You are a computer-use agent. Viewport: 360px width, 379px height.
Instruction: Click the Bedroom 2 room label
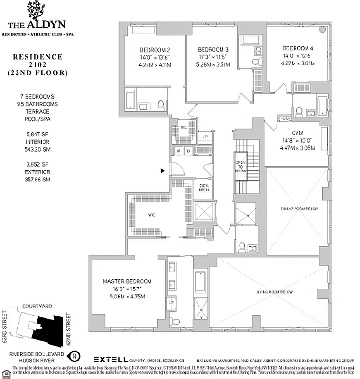coord(155,50)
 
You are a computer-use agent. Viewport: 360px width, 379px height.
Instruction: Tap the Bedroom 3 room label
coord(213,49)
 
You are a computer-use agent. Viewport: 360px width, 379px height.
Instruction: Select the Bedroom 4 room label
coord(298,48)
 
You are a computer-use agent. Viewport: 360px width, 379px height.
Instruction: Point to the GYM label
coord(297,133)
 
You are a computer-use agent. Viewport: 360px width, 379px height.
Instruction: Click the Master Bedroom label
coord(127,281)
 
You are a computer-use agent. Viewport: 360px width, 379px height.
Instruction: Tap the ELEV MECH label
coord(204,187)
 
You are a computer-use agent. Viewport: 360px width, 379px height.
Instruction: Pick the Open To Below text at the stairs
coord(240,166)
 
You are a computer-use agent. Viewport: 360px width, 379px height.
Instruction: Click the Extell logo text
coord(112,360)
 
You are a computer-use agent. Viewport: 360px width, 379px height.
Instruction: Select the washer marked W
coord(180,151)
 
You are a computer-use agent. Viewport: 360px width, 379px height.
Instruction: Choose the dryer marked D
coord(188,151)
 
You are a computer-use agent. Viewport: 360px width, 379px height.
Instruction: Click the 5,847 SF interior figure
coord(37,134)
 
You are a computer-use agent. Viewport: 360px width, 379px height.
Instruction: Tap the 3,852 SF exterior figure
coord(37,164)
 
